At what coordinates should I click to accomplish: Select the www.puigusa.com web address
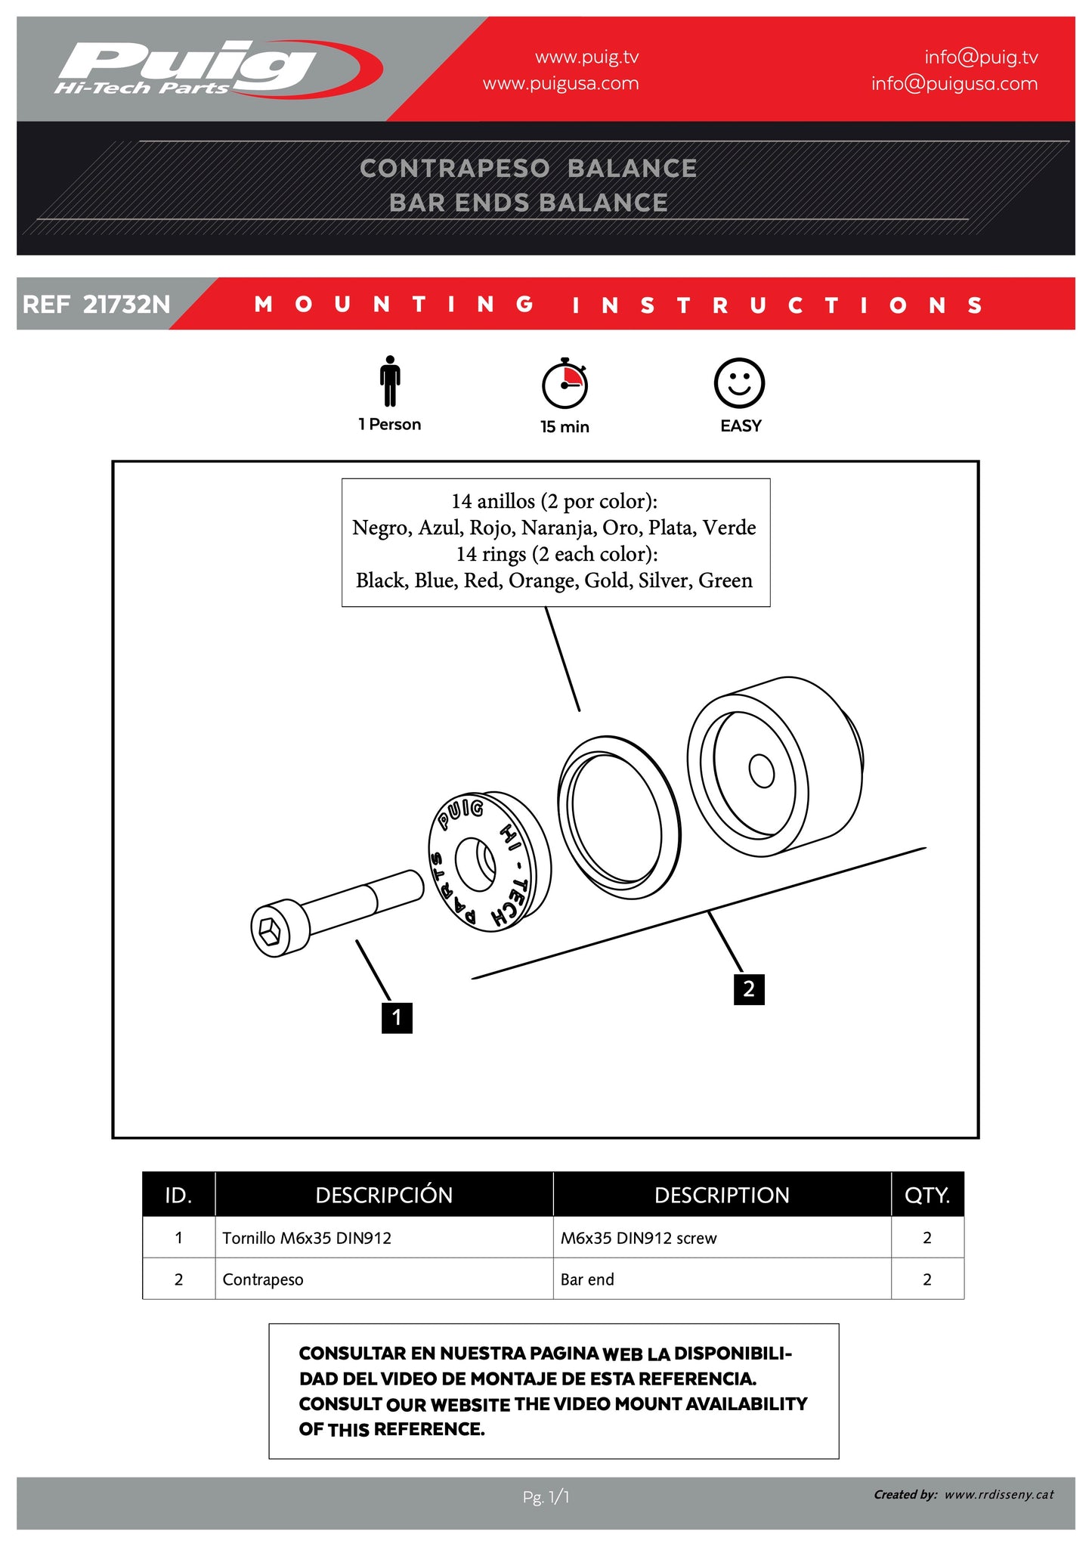point(560,84)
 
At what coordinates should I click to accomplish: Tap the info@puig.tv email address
point(980,57)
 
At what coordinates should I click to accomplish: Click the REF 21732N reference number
point(97,305)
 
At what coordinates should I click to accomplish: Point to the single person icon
point(390,381)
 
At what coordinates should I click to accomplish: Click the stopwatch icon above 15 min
point(565,383)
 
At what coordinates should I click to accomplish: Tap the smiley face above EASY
point(739,383)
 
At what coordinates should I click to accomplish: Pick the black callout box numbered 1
point(397,1017)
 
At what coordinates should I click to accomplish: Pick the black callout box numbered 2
point(748,989)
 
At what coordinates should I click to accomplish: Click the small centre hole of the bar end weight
point(761,772)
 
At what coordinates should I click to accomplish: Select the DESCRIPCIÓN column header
point(384,1195)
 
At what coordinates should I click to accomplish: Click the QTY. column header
point(926,1195)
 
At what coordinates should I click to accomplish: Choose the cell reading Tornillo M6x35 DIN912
point(307,1238)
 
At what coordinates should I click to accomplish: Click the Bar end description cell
point(587,1279)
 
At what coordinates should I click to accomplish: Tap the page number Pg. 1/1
point(546,1496)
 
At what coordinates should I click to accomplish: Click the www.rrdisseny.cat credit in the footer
point(998,1494)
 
